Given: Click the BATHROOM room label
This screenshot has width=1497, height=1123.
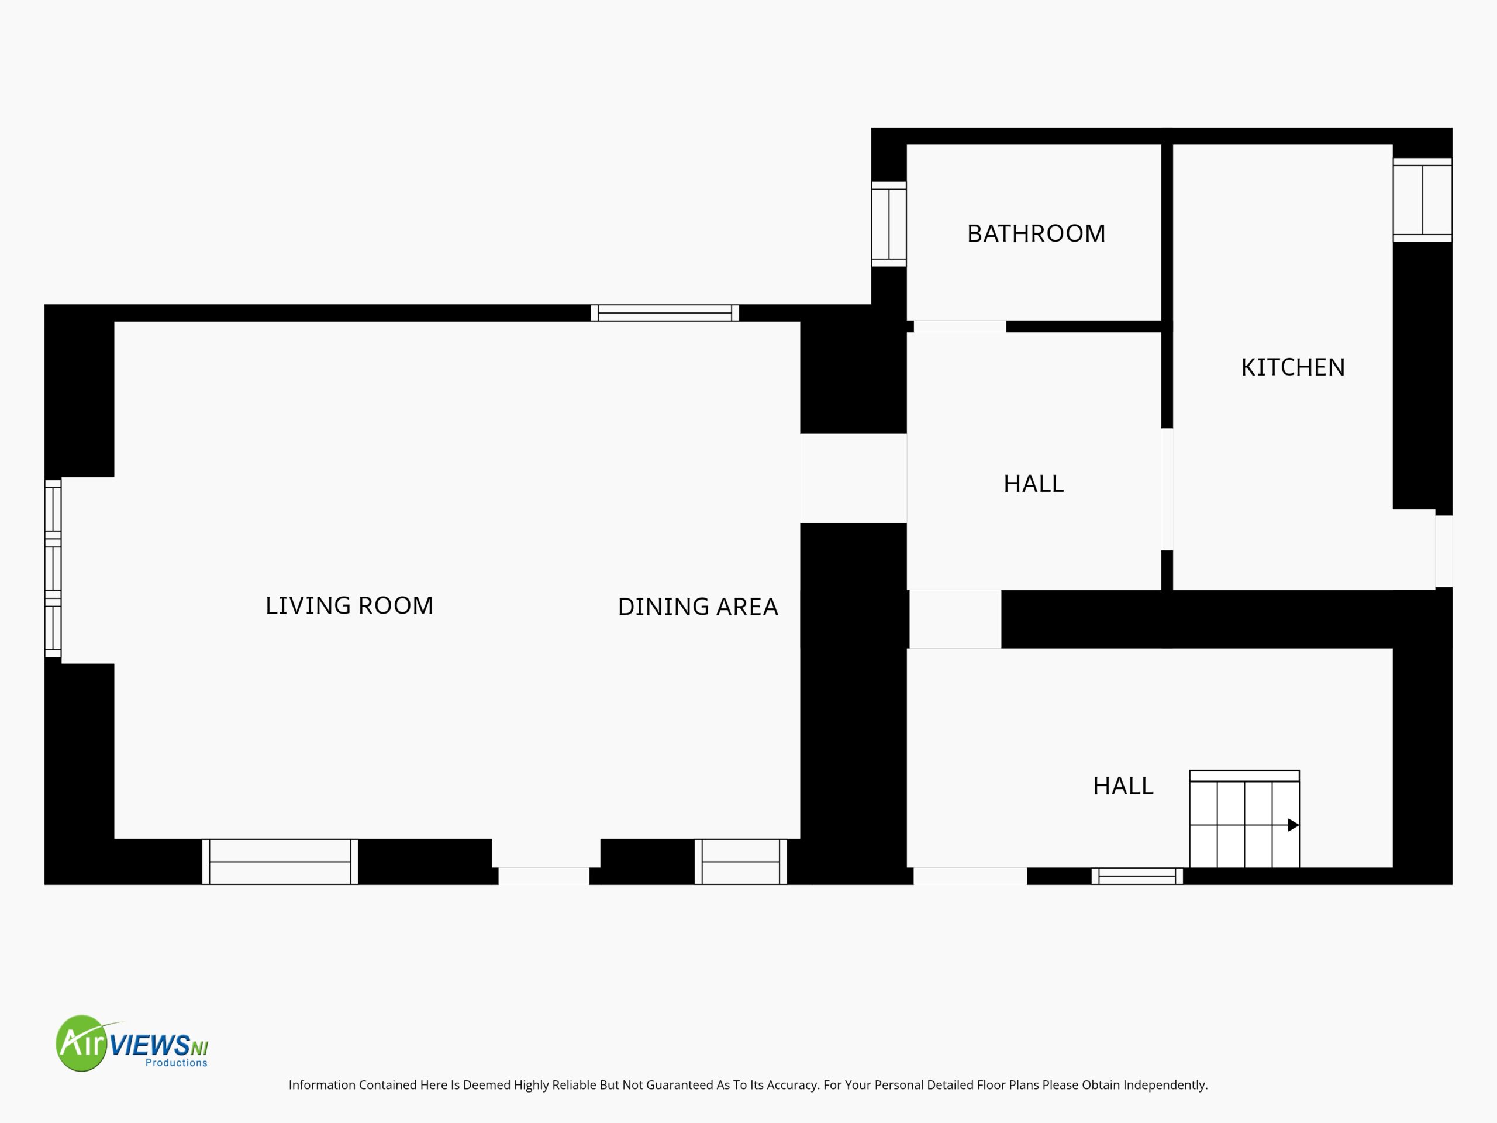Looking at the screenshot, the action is [x=1036, y=233].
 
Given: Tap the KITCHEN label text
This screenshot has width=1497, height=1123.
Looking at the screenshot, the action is [x=1292, y=367].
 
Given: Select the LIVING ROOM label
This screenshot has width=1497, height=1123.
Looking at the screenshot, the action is [x=349, y=605].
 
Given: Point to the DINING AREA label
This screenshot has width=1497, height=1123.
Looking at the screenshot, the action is [x=698, y=607].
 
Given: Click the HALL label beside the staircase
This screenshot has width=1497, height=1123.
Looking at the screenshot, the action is [x=1123, y=786].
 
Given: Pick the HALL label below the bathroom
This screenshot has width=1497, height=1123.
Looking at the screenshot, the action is [x=1033, y=484].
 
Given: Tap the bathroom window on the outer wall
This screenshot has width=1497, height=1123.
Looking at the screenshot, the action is [x=889, y=224].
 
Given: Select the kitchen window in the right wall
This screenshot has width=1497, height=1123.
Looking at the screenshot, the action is [x=1423, y=199].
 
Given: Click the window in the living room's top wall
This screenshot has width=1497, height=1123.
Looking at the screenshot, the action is [x=664, y=313].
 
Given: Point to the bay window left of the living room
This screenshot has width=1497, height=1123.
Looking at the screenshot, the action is [x=53, y=569].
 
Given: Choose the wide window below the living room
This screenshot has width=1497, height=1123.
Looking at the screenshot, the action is [x=280, y=862].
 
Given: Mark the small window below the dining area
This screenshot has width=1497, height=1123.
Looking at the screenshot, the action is [x=741, y=862].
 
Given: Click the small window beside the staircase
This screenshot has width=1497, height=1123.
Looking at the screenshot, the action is [x=1137, y=876].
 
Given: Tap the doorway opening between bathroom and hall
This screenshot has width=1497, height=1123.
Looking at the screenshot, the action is [x=960, y=326].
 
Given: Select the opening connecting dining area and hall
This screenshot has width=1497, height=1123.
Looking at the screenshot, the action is [x=853, y=478].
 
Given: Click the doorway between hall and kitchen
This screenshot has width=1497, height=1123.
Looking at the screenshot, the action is [x=1167, y=490].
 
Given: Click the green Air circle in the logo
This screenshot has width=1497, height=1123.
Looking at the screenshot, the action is [x=82, y=1043].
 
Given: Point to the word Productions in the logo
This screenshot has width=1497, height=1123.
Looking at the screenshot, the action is [x=177, y=1063].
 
